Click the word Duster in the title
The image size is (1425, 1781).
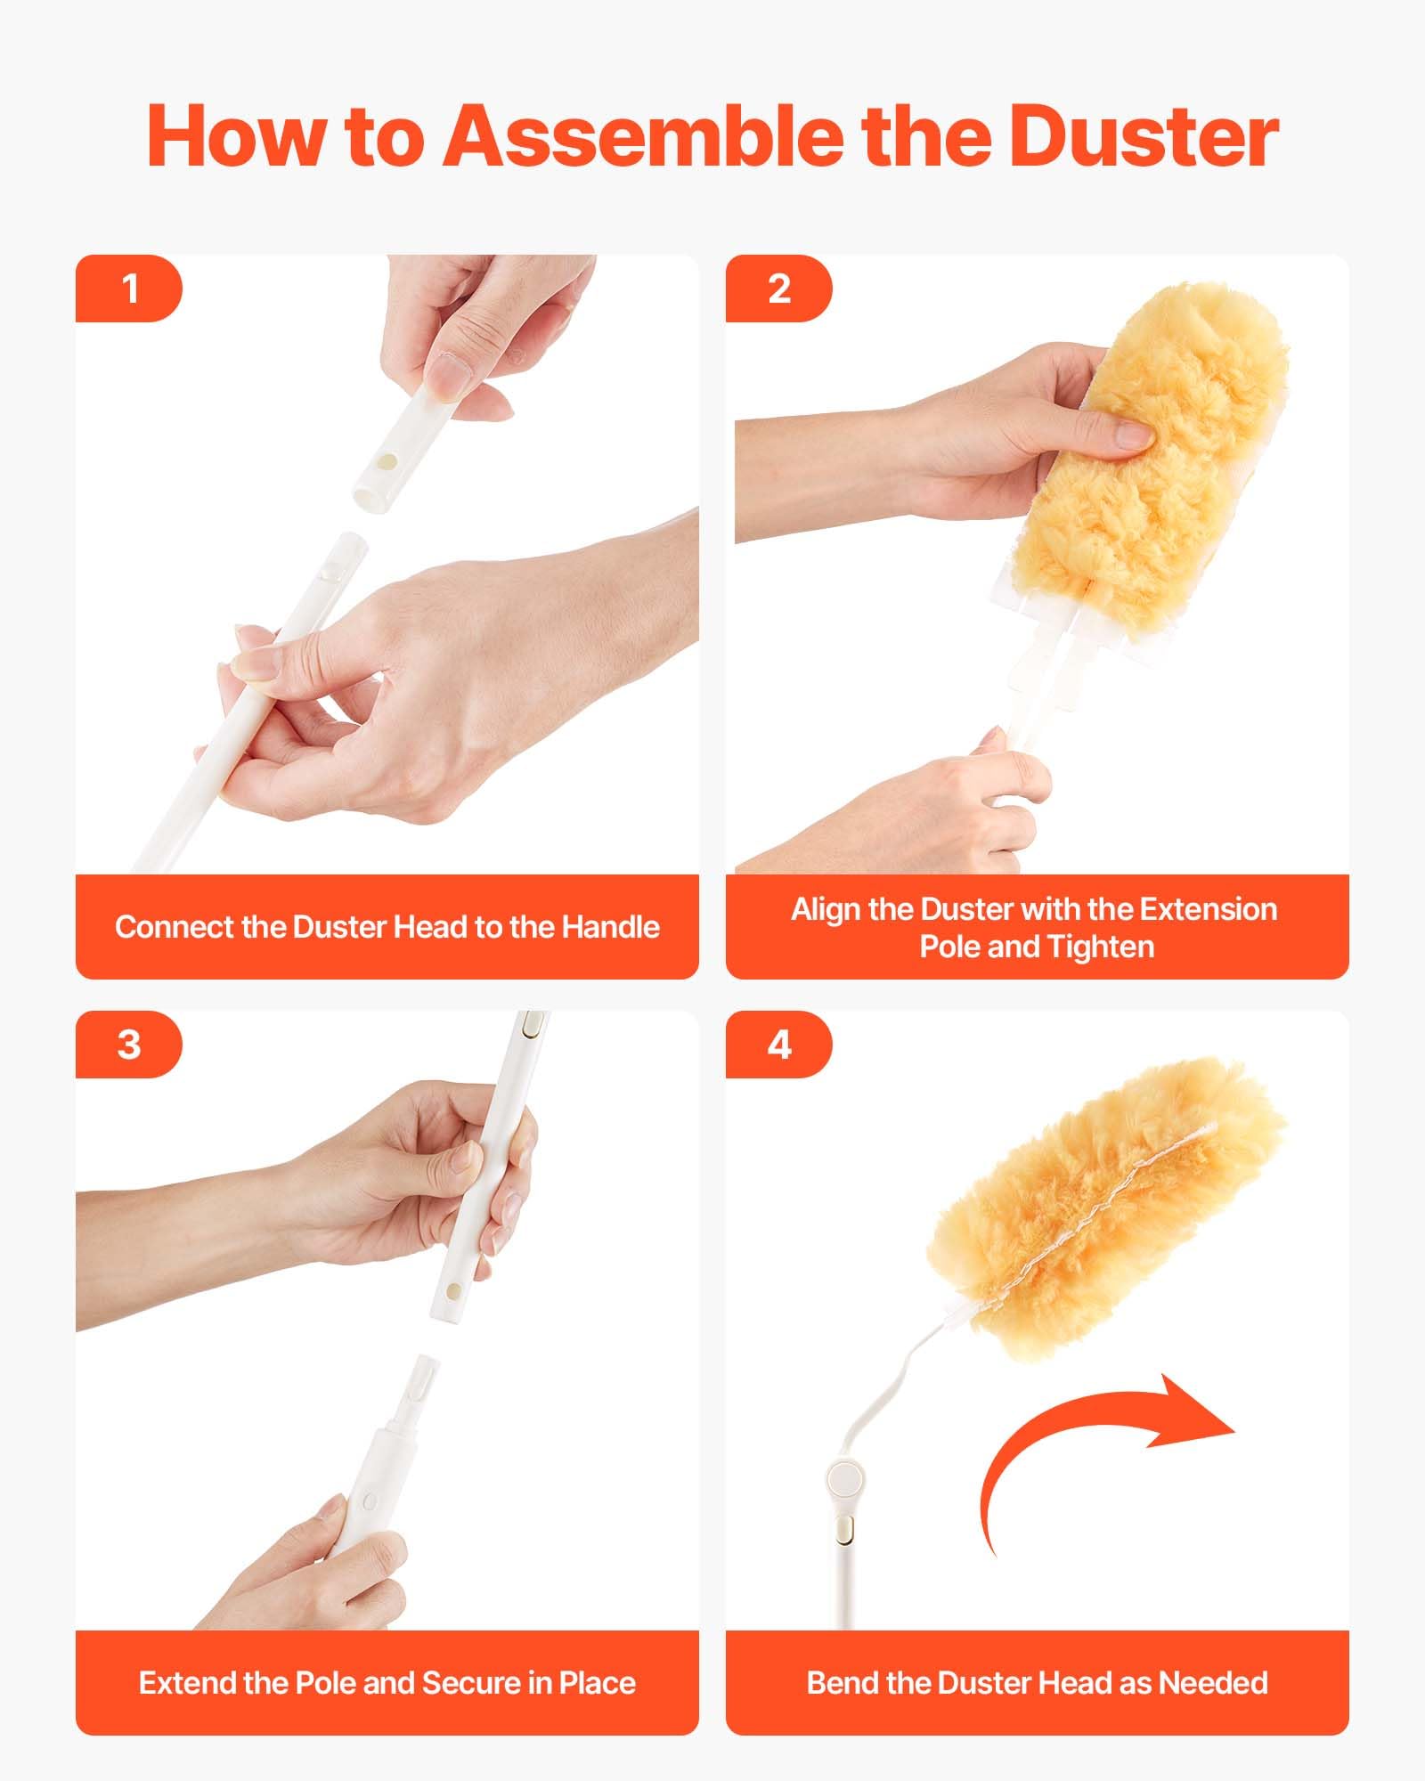pyautogui.click(x=1144, y=135)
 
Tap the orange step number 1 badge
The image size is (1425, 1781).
pyautogui.click(x=129, y=289)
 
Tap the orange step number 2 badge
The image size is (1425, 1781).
pyautogui.click(x=778, y=289)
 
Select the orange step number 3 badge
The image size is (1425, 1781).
pyautogui.click(x=129, y=1044)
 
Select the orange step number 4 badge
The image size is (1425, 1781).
pyautogui.click(x=778, y=1044)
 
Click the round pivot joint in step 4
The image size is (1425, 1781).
pyautogui.click(x=844, y=1479)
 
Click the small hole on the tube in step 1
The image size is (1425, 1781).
pyautogui.click(x=388, y=461)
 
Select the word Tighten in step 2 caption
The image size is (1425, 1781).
pyautogui.click(x=1101, y=947)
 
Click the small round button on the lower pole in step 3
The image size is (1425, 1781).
pyautogui.click(x=369, y=1501)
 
